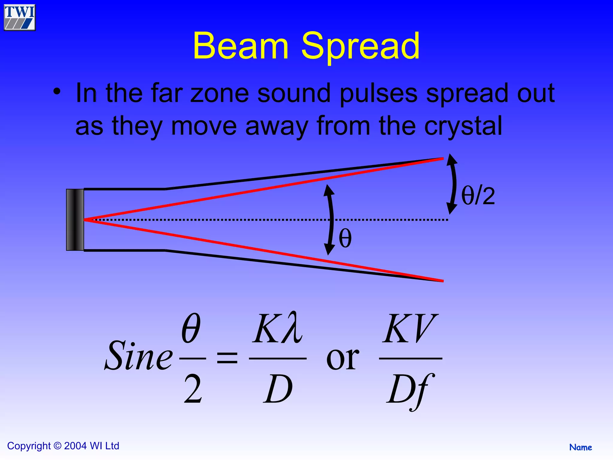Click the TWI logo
(x=19, y=17)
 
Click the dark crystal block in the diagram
(x=75, y=220)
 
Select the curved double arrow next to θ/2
(x=453, y=183)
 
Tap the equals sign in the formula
(x=227, y=358)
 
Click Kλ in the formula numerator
(x=277, y=329)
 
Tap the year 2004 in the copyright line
(x=75, y=446)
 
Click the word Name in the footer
(x=580, y=447)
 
